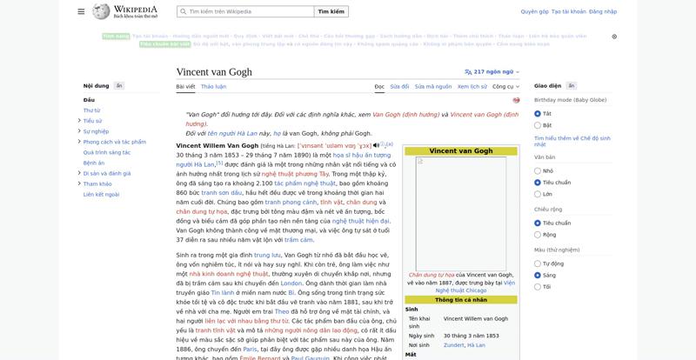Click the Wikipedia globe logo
(101, 11)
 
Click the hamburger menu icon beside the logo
(81, 11)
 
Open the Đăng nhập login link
(603, 11)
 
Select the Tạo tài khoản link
(568, 11)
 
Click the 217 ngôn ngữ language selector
(492, 72)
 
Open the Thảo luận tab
(213, 87)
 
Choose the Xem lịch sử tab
(472, 87)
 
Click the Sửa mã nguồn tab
(432, 87)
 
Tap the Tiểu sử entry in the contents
(92, 121)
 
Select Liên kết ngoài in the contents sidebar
(101, 194)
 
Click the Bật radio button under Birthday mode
(538, 125)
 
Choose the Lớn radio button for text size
(538, 194)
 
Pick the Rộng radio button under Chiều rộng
(538, 234)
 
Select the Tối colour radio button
(538, 286)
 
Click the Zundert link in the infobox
(453, 345)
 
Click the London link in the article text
(291, 283)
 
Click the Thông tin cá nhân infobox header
(460, 300)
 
